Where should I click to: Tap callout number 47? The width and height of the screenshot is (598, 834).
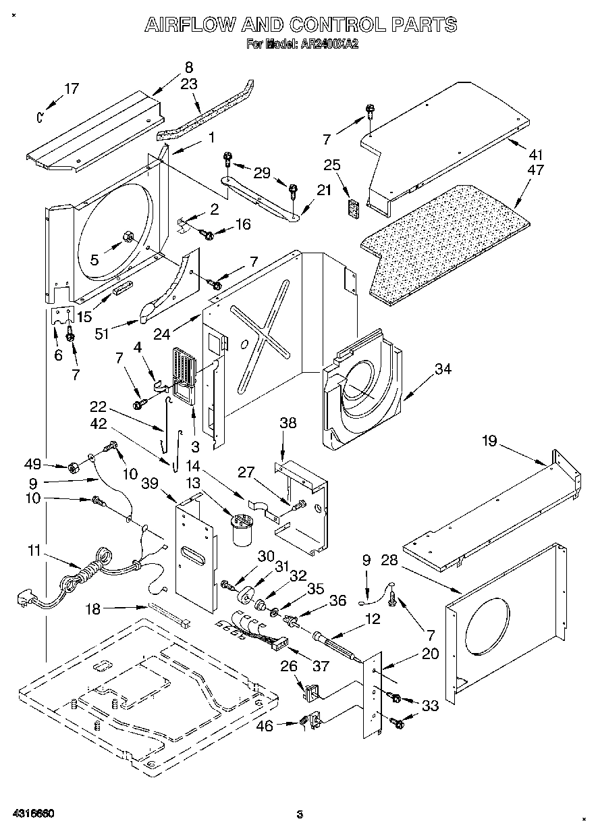pyautogui.click(x=537, y=170)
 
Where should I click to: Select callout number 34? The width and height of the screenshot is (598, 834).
pyautogui.click(x=443, y=369)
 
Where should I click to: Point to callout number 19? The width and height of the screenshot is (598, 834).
pyautogui.click(x=489, y=441)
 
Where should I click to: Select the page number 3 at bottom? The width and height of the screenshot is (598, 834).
pyautogui.click(x=300, y=814)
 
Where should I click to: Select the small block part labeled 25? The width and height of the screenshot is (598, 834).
pyautogui.click(x=353, y=208)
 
